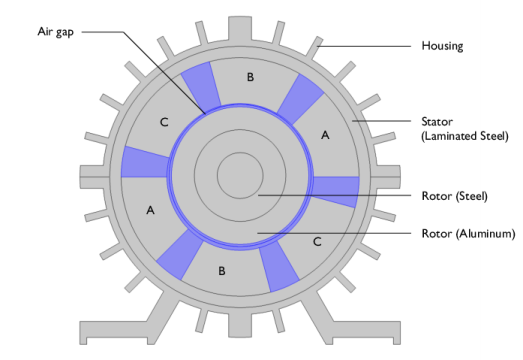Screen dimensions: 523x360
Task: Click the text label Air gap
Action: [x=55, y=32]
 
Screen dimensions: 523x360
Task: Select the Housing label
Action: [x=442, y=46]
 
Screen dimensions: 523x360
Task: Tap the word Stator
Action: [x=437, y=122]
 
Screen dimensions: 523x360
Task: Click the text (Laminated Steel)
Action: [x=465, y=136]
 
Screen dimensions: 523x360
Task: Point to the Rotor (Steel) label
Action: [x=455, y=196]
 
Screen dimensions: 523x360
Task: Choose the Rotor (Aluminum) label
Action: [x=468, y=234]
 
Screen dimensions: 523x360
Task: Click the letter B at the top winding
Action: [x=250, y=77]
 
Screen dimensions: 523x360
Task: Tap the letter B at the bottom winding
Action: [x=222, y=271]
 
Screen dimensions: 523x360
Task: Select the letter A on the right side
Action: [x=325, y=135]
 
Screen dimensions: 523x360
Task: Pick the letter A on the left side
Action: [x=150, y=210]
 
